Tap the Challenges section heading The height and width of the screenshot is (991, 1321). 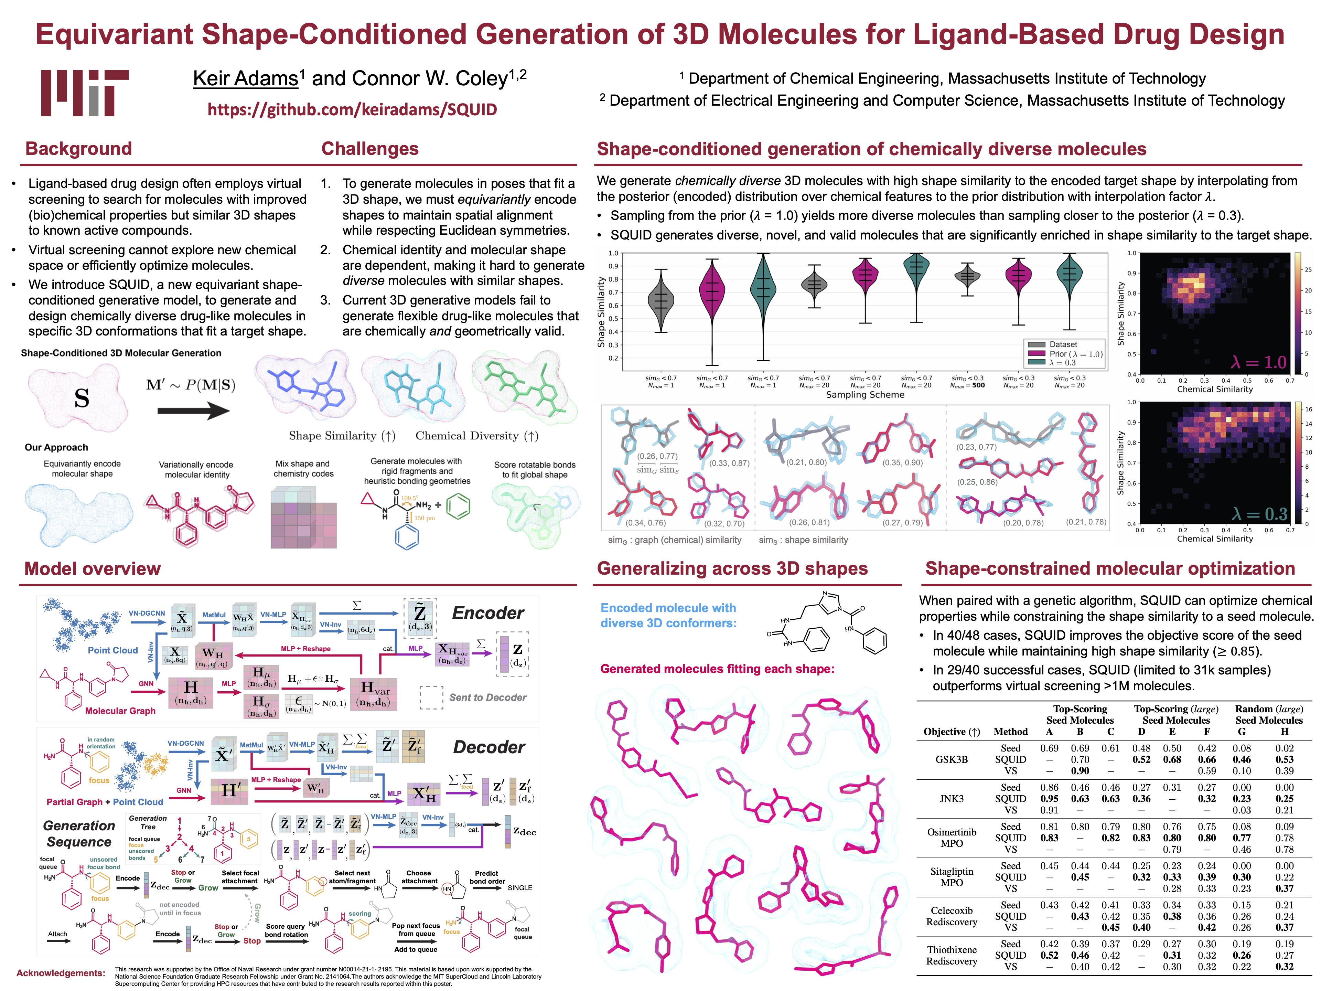click(370, 149)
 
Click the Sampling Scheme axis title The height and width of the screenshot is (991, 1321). click(865, 394)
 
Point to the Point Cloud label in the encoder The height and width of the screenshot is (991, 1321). click(113, 650)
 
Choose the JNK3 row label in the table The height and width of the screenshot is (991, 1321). click(951, 799)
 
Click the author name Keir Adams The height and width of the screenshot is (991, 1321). click(245, 78)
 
